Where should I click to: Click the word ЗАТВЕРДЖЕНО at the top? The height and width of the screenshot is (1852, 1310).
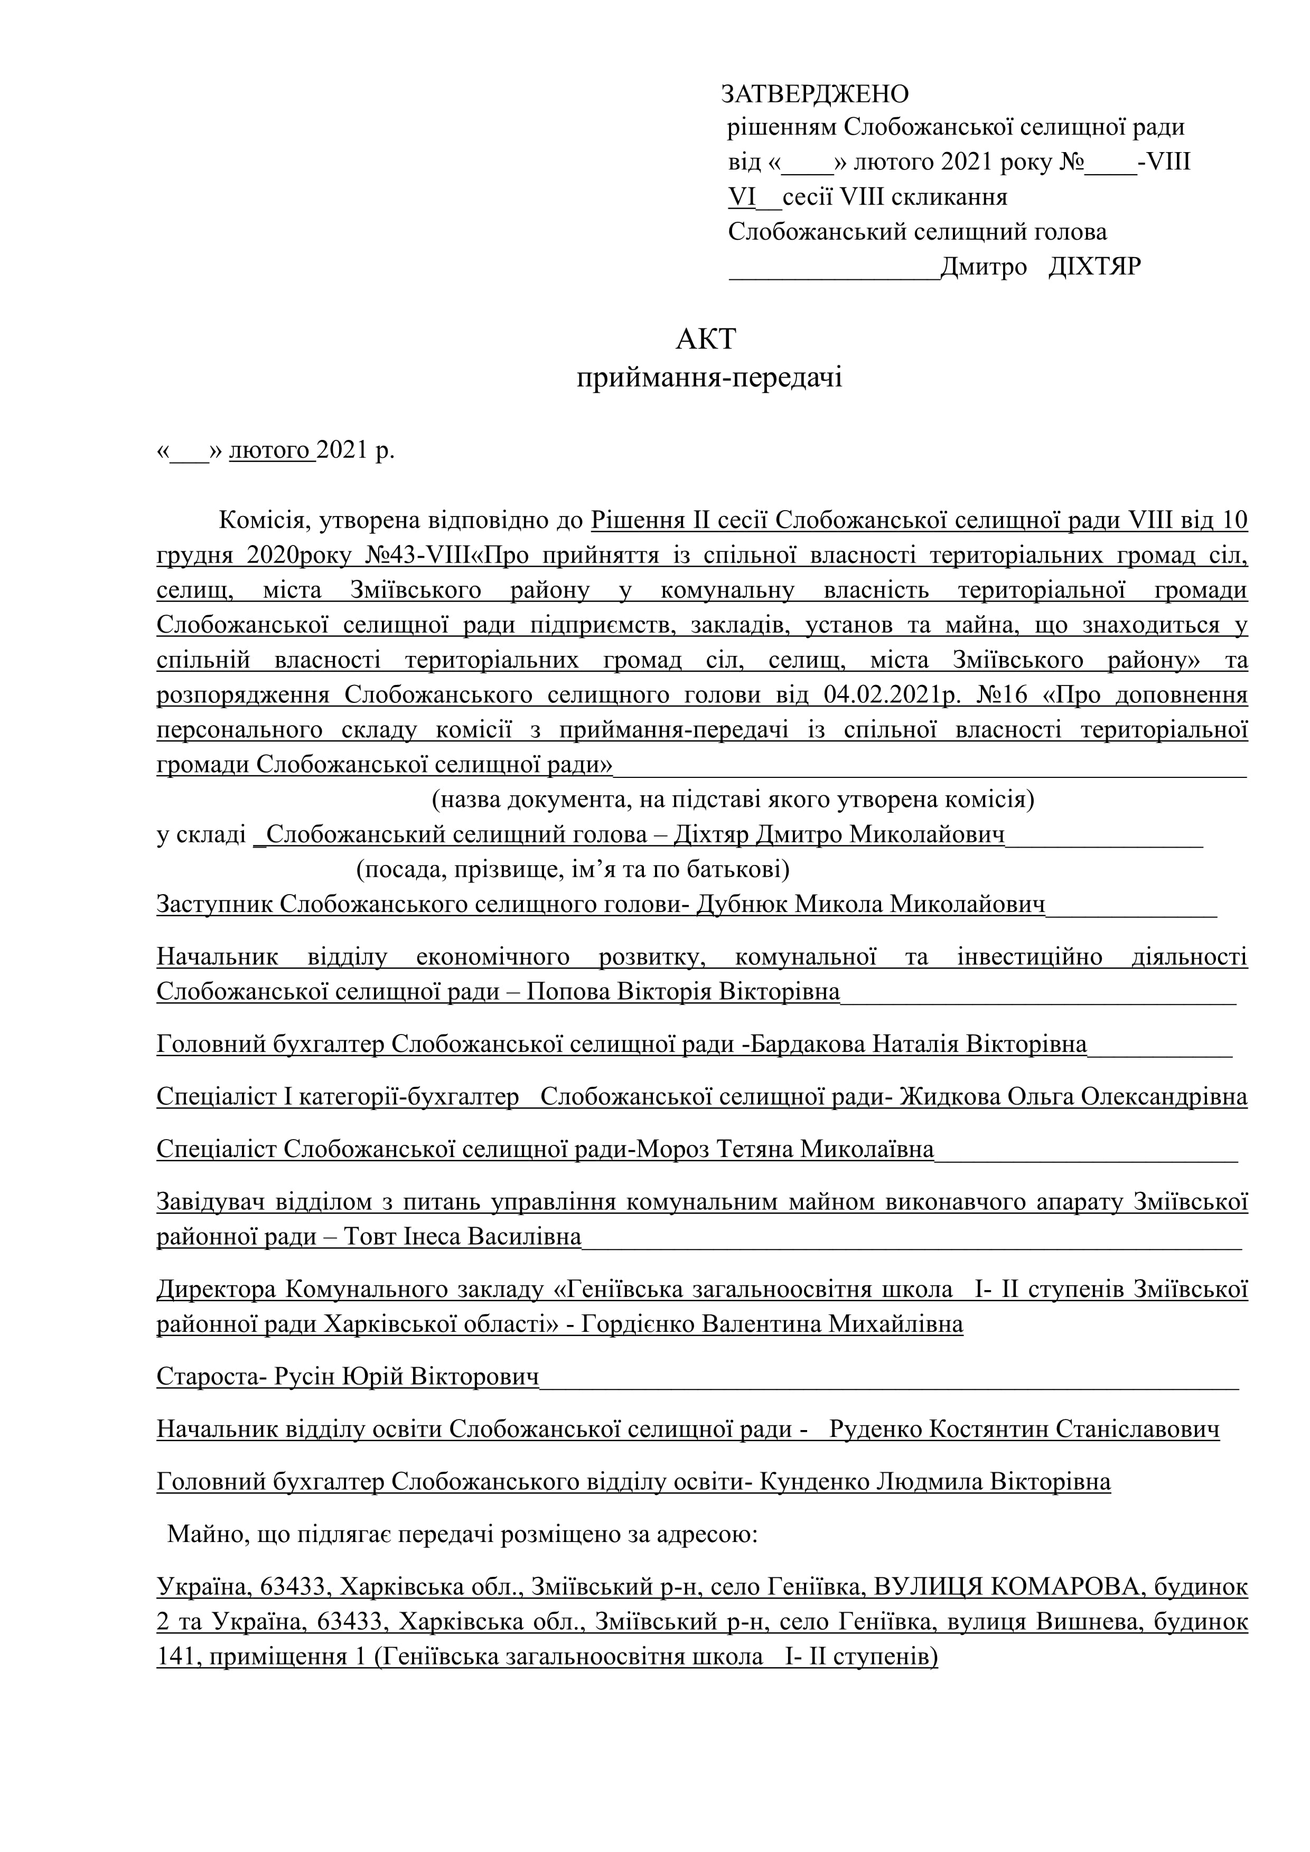815,95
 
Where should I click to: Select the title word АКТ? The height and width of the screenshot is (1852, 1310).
706,340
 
